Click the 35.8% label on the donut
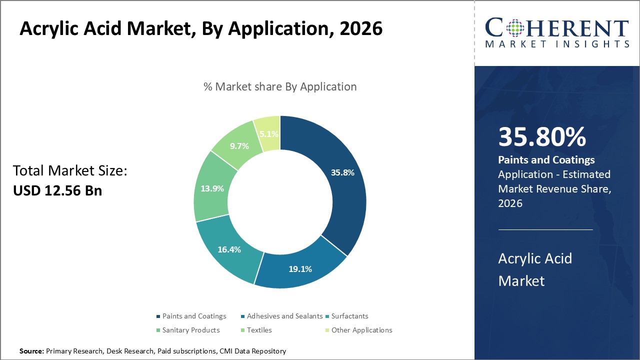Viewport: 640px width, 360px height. [x=342, y=173]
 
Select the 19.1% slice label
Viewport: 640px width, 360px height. [x=300, y=269]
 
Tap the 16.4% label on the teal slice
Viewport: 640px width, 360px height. [x=229, y=249]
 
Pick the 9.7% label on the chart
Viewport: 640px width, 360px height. [x=239, y=146]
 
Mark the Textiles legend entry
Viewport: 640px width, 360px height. [x=259, y=330]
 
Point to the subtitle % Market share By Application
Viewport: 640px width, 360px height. [x=280, y=86]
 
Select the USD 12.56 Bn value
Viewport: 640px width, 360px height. [x=57, y=190]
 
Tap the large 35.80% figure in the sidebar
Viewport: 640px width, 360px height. [x=542, y=137]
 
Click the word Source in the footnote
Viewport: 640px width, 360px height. [x=31, y=351]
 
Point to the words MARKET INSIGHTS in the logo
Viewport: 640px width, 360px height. [x=557, y=44]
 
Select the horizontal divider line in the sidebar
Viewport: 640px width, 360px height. [x=545, y=230]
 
